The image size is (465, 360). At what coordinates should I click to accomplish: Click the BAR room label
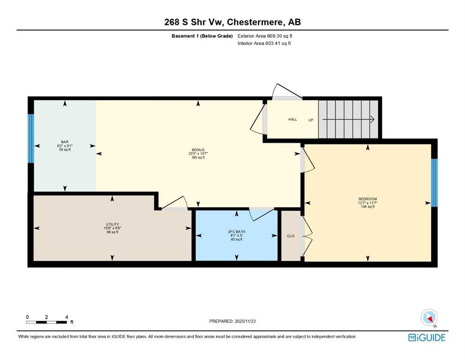tap(65, 141)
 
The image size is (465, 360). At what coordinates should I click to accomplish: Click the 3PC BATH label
tap(236, 231)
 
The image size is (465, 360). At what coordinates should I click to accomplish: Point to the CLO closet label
tap(290, 236)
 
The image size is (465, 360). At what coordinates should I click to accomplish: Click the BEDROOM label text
tap(367, 198)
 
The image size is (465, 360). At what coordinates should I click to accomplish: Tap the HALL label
tap(292, 120)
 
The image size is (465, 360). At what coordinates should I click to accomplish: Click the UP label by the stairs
tap(310, 120)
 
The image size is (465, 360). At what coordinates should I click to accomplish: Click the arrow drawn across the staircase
tap(349, 120)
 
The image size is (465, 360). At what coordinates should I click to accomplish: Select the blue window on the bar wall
tap(31, 138)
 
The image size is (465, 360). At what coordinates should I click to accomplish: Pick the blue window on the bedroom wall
tap(434, 182)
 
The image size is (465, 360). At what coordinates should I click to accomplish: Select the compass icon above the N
tap(429, 317)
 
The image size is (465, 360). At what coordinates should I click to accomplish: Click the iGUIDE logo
tap(427, 337)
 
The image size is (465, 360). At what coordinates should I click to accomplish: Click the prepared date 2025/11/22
tap(232, 321)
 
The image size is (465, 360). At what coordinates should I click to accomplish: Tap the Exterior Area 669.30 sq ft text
tap(265, 36)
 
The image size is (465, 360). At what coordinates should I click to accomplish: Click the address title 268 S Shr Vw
tap(232, 22)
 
